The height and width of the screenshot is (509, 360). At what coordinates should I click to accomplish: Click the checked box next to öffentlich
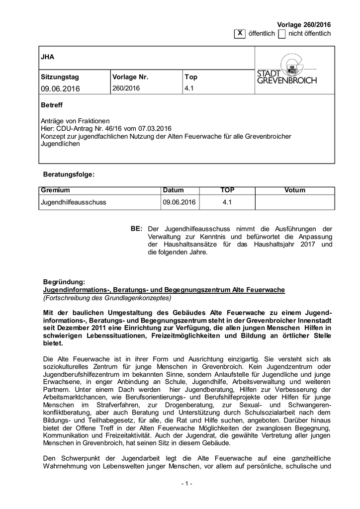click(x=240, y=33)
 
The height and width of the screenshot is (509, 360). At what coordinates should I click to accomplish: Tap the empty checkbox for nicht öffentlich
click(x=282, y=33)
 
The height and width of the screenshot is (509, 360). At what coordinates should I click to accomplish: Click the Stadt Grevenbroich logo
click(x=286, y=70)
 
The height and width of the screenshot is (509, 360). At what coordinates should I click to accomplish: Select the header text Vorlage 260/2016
click(x=304, y=25)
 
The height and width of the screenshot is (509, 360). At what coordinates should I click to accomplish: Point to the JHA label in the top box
click(x=47, y=57)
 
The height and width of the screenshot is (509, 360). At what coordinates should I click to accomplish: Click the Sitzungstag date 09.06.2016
click(x=60, y=89)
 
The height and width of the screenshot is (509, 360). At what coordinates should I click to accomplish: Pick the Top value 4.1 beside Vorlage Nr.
click(x=189, y=88)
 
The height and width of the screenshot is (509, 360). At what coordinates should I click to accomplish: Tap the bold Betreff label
click(x=52, y=105)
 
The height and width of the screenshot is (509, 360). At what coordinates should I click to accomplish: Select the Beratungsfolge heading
click(x=69, y=174)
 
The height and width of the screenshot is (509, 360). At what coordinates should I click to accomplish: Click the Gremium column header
click(x=56, y=190)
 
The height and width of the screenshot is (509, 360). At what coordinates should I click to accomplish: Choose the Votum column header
click(x=295, y=190)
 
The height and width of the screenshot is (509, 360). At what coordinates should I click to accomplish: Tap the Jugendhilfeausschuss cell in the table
click(x=74, y=202)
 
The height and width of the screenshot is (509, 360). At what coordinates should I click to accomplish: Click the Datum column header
click(x=173, y=190)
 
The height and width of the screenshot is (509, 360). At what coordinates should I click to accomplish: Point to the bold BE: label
click(x=137, y=228)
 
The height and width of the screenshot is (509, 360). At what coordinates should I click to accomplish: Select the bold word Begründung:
click(x=64, y=282)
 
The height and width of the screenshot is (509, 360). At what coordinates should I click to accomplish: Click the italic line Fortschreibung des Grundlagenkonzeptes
click(x=107, y=298)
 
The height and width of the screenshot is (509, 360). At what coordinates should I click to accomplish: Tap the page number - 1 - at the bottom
click(x=186, y=484)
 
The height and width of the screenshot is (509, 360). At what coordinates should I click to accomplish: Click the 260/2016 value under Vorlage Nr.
click(x=126, y=88)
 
